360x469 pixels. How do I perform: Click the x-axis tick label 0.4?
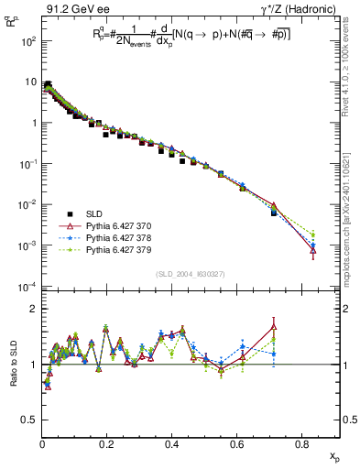click(x=172, y=444)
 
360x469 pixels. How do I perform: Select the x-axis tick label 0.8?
click(x=301, y=444)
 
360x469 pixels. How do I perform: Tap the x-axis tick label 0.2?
click(x=107, y=444)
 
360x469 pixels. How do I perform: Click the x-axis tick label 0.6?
click(x=236, y=444)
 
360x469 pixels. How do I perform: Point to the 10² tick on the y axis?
click(x=27, y=42)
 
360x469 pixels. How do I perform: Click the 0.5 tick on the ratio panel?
click(x=30, y=420)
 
